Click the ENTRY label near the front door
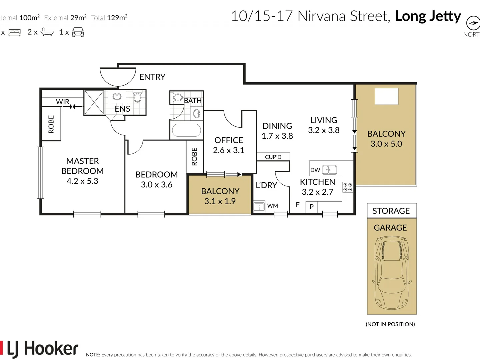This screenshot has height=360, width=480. (x=152, y=77)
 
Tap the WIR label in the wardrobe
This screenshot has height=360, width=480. (x=62, y=102)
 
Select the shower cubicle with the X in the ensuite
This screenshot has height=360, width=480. (x=94, y=102)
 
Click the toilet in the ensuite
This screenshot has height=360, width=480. (x=137, y=97)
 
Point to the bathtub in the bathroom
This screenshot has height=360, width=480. (x=186, y=131)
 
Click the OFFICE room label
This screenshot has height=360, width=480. (x=229, y=140)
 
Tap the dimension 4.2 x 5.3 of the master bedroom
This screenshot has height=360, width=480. (x=82, y=181)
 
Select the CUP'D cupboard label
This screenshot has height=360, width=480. (x=273, y=157)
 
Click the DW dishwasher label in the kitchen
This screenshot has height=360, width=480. (x=315, y=170)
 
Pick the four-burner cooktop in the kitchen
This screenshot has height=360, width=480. (x=348, y=187)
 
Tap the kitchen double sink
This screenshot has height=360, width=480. (x=329, y=170)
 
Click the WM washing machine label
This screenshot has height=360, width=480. (x=272, y=206)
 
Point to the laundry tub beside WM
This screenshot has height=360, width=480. (x=259, y=207)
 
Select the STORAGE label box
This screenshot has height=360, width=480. (x=391, y=211)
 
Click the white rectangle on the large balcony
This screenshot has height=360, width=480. (x=386, y=96)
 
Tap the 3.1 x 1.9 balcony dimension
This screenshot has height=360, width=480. (x=220, y=201)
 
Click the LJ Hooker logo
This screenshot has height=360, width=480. (x=40, y=349)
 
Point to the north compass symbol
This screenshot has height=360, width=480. (x=473, y=23)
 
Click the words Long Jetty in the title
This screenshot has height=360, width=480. (x=428, y=16)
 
